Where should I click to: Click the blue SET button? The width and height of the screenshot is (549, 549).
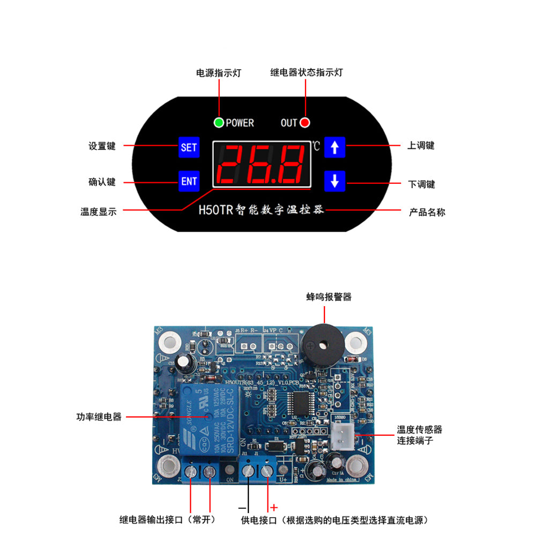(x=189, y=147)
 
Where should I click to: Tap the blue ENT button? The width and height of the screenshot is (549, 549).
(x=189, y=181)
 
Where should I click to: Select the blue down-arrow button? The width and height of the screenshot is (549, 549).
(x=335, y=181)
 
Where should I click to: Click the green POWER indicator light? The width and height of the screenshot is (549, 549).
(x=219, y=123)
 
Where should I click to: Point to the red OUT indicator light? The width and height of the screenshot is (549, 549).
(x=305, y=123)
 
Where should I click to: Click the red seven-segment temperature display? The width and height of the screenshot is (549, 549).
(x=262, y=164)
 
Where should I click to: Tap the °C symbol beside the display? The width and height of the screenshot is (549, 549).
(x=316, y=146)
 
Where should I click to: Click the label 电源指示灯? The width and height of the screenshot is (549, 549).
(x=219, y=73)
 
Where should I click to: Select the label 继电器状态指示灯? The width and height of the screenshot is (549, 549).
(x=306, y=72)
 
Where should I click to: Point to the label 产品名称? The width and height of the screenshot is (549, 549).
(x=427, y=212)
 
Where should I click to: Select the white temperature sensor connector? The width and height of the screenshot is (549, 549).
(x=342, y=435)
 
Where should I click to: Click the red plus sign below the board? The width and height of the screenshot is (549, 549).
(x=274, y=507)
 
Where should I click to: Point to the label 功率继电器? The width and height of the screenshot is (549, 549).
(x=99, y=417)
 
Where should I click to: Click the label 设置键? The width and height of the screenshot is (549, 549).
(x=102, y=146)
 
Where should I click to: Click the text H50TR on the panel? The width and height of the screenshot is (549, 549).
(x=216, y=210)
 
